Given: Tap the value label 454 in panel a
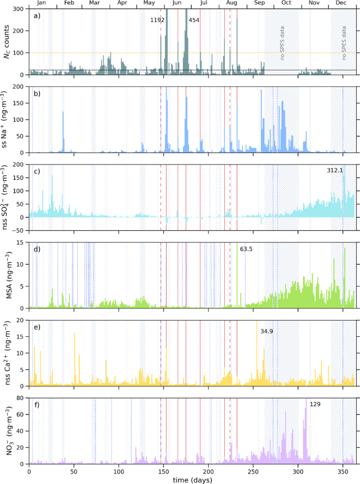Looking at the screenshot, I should tap(193, 20).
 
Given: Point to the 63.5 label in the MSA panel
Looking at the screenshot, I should tap(246, 249).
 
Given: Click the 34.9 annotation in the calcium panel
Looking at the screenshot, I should tap(267, 332).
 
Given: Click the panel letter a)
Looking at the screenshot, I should tap(36, 16).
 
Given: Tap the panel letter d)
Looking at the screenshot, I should tap(36, 249).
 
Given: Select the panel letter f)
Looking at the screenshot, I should tap(36, 405).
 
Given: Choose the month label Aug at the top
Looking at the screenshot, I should tap(231, 3).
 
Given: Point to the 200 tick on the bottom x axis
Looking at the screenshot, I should tap(209, 471).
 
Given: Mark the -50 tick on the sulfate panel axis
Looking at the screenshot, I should tap(19, 230).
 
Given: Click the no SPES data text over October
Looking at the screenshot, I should tap(282, 50).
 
